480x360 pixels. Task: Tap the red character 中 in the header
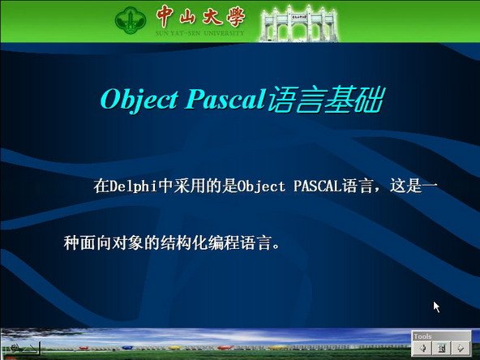coord(166,16)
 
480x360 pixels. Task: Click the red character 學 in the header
coord(236,16)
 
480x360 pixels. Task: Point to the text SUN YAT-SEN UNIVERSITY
coord(199,33)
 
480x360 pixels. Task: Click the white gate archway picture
coord(298,24)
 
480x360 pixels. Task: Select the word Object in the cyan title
coord(139,100)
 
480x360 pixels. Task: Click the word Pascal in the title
coord(225,99)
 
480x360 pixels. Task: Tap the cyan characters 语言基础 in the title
coord(325,100)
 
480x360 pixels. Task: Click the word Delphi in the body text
coord(134,186)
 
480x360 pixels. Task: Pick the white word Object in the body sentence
coord(262,186)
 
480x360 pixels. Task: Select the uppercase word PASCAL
coord(318,186)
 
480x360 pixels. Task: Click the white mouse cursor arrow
coord(436,306)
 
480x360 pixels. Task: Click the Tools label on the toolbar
coord(422,336)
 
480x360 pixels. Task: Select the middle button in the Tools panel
coord(442,348)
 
